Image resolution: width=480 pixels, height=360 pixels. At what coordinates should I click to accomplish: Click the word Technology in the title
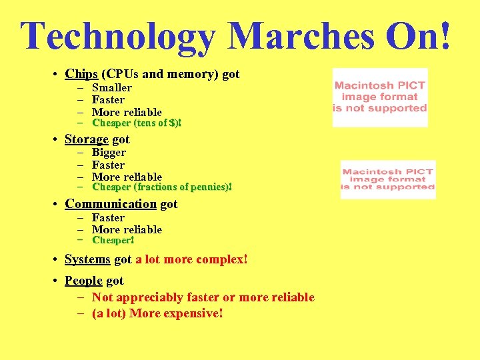pos(117,36)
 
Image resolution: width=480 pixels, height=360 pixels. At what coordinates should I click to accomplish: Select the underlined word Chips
pos(81,74)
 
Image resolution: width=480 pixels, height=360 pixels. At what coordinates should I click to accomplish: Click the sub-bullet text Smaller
pos(111,87)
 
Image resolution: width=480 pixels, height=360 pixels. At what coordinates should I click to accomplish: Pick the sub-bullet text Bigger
pos(109,152)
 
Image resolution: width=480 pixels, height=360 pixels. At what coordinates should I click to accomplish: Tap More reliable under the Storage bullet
pos(127,177)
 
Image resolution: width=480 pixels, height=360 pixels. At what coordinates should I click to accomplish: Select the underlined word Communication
pos(111,204)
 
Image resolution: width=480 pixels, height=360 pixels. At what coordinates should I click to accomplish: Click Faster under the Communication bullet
pos(108,217)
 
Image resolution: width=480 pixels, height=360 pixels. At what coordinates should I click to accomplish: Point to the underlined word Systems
pos(87,259)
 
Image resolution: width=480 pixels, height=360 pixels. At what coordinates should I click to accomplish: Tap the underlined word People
pos(83,281)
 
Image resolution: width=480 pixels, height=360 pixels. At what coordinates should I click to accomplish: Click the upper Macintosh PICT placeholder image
pos(380,97)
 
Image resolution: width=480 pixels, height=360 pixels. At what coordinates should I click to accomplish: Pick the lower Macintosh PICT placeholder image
pos(387,179)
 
